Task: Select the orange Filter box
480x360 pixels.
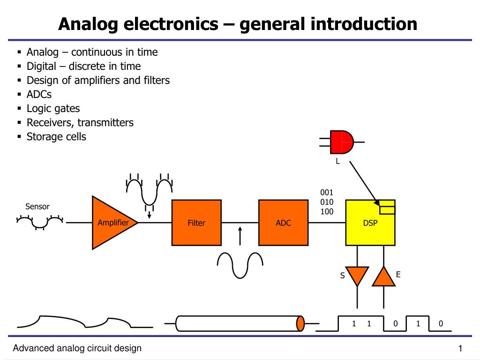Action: tap(196, 223)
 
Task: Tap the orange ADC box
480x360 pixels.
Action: tap(283, 223)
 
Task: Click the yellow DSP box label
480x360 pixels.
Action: tap(370, 223)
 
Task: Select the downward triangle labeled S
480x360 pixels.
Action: tap(357, 276)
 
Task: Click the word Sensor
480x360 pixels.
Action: tap(37, 207)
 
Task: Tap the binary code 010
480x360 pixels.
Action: tap(327, 202)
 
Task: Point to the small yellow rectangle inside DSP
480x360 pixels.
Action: tap(387, 207)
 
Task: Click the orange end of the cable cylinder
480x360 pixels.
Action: tap(300, 323)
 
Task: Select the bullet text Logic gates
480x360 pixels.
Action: tap(53, 108)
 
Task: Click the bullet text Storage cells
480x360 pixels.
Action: tap(56, 136)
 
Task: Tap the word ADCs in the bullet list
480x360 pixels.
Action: tap(39, 94)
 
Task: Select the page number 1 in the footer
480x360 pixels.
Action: tap(460, 348)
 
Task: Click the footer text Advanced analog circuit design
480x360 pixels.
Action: tap(77, 348)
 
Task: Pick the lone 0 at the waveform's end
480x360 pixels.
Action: tap(440, 323)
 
